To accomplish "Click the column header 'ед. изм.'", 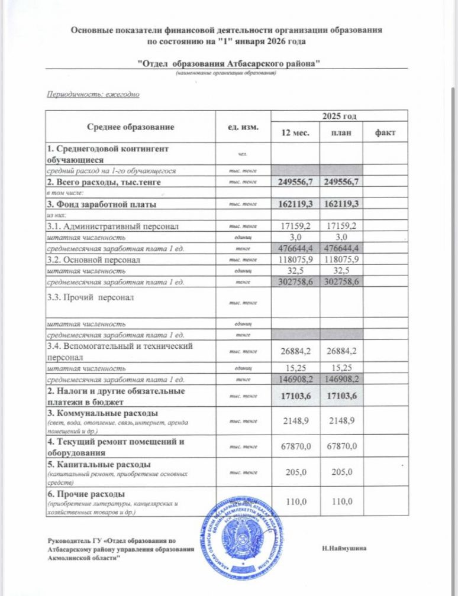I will (x=243, y=127).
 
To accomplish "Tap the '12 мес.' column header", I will (x=295, y=133).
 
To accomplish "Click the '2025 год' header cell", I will (x=339, y=116).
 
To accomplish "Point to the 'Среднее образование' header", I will (x=131, y=127).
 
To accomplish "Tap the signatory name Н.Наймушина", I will (x=344, y=548).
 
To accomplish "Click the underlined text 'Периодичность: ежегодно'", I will (x=93, y=94).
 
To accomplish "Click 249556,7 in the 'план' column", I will (x=341, y=182).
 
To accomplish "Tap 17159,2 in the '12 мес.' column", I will (x=295, y=226).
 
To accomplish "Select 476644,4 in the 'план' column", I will (x=341, y=248).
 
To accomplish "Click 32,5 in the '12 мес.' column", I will (x=295, y=271).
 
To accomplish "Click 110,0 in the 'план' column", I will (x=341, y=501).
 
